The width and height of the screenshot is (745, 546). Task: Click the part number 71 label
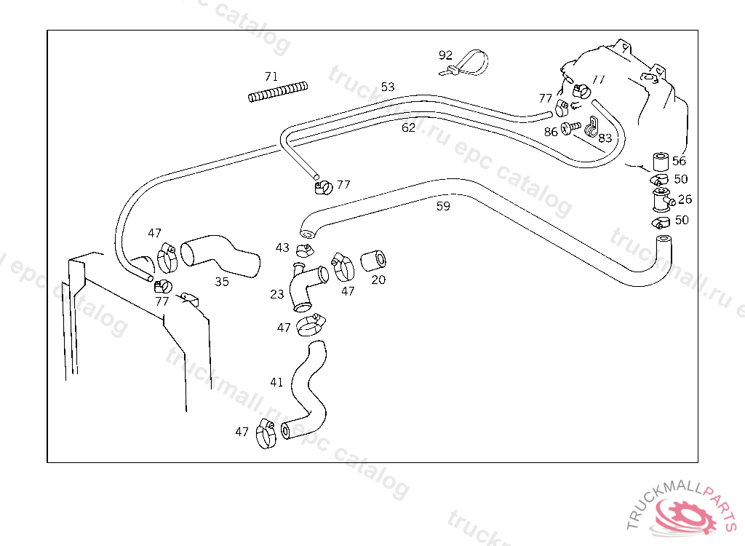(271, 76)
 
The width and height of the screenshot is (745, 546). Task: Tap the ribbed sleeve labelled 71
(278, 92)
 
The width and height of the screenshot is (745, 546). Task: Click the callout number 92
(445, 55)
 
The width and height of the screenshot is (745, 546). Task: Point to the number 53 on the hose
(388, 87)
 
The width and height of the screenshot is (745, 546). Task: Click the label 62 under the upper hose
(409, 127)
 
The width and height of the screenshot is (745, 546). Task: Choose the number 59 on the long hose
(443, 206)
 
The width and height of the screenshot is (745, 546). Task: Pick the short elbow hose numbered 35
(220, 256)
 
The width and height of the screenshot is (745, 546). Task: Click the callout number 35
(222, 282)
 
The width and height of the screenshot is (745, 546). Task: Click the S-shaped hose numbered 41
(306, 389)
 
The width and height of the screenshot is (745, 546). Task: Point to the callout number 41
(276, 381)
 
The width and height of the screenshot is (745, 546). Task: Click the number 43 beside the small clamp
(282, 248)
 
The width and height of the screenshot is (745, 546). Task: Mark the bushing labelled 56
(661, 161)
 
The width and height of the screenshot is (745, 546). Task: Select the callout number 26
(685, 199)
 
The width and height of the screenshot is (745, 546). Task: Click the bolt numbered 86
(572, 127)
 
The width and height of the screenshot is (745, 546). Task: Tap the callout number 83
(605, 137)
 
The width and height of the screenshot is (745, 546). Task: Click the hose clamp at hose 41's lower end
(266, 434)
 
